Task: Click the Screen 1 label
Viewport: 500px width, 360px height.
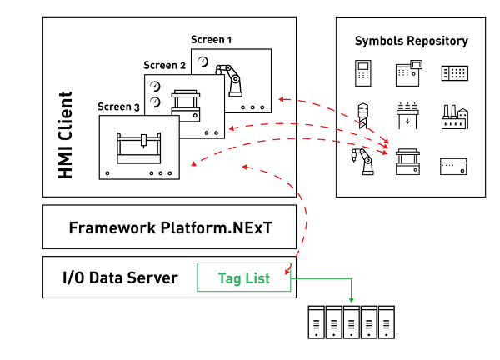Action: point(212,39)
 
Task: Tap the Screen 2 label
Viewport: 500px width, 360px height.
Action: point(164,65)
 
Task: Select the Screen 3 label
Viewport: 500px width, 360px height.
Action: point(118,107)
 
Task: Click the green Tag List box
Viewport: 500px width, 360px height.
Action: point(244,278)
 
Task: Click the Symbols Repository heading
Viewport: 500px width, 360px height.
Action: point(411,41)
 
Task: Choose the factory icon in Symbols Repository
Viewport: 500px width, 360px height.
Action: point(456,117)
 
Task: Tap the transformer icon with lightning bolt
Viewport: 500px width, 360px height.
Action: point(407,117)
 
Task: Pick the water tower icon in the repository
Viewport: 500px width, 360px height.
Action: point(362,115)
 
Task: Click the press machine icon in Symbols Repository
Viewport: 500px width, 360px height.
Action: point(407,161)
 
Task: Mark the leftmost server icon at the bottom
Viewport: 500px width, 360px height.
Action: point(315,323)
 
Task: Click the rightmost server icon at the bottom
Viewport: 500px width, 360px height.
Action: point(387,323)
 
